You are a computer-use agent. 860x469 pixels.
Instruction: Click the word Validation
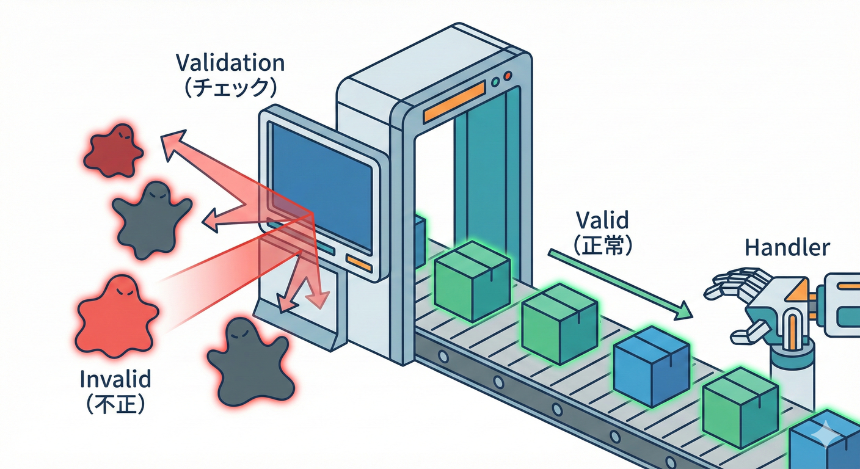pos(230,63)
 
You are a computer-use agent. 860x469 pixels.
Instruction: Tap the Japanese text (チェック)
pos(230,87)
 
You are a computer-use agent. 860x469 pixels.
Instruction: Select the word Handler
pos(787,247)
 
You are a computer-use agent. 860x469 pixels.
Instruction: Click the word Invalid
pos(115,380)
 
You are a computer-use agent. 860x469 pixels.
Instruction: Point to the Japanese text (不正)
pos(115,403)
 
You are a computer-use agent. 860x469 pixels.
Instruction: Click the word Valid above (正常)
pos(602,220)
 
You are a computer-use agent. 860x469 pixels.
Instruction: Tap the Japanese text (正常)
pos(602,244)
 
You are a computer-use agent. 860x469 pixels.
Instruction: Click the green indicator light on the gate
pos(495,81)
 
